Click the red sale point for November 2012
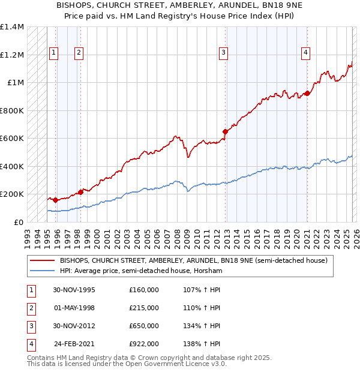225,131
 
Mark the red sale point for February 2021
307,93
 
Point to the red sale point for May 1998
80,192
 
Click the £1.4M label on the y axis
12,27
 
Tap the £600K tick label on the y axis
12,139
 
